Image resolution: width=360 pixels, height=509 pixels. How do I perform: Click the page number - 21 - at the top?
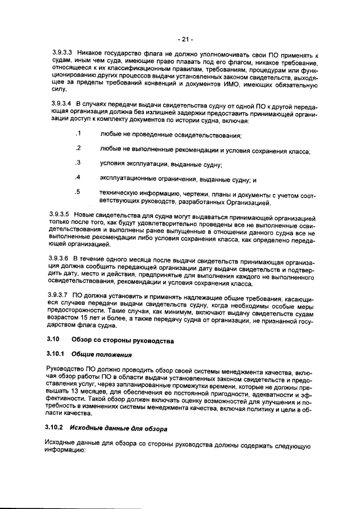(185, 39)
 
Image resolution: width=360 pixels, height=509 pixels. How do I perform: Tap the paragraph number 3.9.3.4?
(60, 105)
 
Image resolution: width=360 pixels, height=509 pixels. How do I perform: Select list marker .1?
(78, 134)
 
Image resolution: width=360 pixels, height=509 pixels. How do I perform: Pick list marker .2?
(78, 148)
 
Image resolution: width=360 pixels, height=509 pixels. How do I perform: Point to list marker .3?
(78, 163)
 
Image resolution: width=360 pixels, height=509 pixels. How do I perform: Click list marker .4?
(78, 178)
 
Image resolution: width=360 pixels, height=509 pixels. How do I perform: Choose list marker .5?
(78, 192)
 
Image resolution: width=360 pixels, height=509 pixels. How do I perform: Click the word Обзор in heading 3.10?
(83, 341)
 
